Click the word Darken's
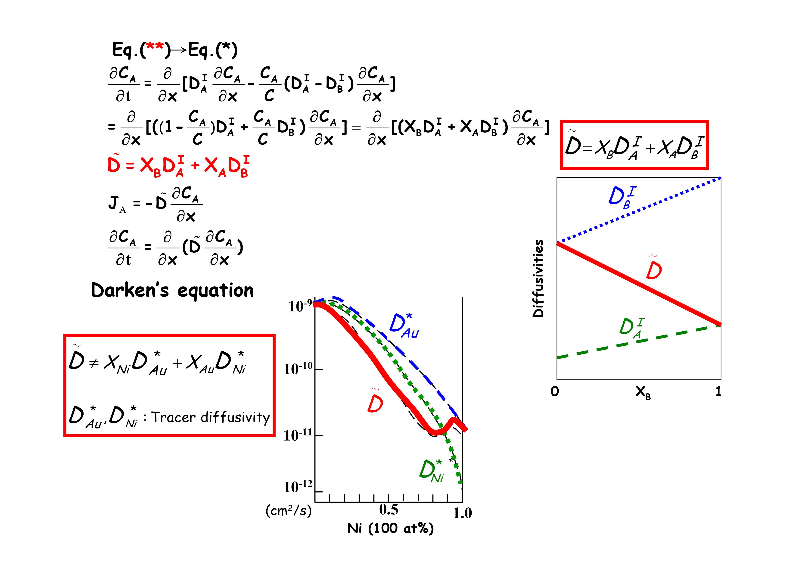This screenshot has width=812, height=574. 130,291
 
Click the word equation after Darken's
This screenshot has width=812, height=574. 215,291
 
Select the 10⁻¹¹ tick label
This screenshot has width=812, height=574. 298,435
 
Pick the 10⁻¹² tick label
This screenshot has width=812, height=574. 298,487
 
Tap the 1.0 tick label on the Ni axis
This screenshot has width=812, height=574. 462,513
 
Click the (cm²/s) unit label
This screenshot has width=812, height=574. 289,510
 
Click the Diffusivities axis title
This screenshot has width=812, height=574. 538,278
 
